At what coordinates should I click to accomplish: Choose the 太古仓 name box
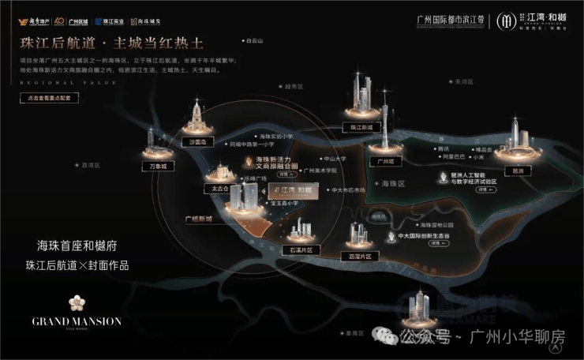click(215, 189)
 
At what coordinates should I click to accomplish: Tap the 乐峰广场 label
click(256, 179)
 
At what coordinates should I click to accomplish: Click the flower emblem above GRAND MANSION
click(77, 303)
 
